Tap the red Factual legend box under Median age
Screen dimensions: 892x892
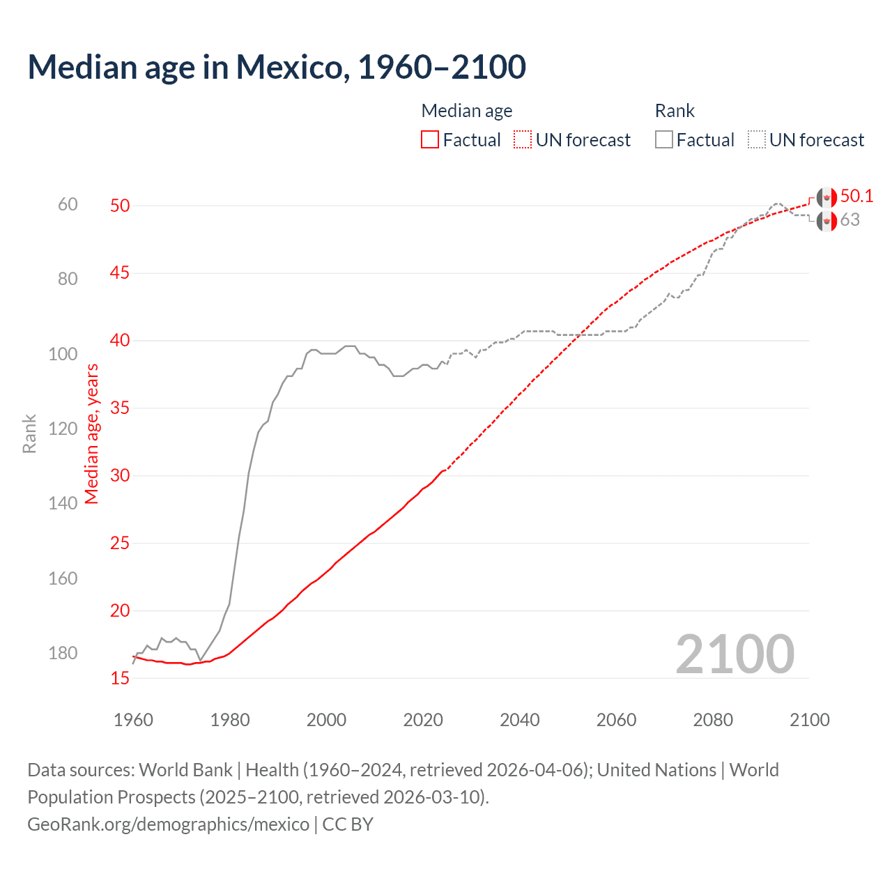(430, 140)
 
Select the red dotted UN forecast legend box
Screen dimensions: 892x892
(523, 140)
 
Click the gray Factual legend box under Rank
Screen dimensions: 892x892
(664, 140)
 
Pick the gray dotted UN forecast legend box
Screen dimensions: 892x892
(757, 140)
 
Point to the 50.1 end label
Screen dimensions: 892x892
(856, 197)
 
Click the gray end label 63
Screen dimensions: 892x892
(849, 220)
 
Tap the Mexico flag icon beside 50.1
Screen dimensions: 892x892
(826, 197)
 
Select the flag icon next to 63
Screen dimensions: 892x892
(826, 222)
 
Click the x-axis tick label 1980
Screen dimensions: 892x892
(230, 720)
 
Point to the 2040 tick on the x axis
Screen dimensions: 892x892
(519, 720)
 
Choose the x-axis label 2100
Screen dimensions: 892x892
(809, 720)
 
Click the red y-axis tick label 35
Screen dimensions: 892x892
(120, 408)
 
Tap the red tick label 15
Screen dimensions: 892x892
(120, 678)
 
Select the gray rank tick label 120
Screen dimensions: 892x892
(63, 429)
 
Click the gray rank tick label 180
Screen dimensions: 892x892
(63, 654)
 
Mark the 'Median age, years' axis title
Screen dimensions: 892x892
(92, 433)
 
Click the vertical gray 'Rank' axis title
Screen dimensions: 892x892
(29, 433)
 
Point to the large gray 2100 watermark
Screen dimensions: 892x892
(735, 654)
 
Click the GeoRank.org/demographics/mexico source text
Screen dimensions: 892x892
(168, 824)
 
